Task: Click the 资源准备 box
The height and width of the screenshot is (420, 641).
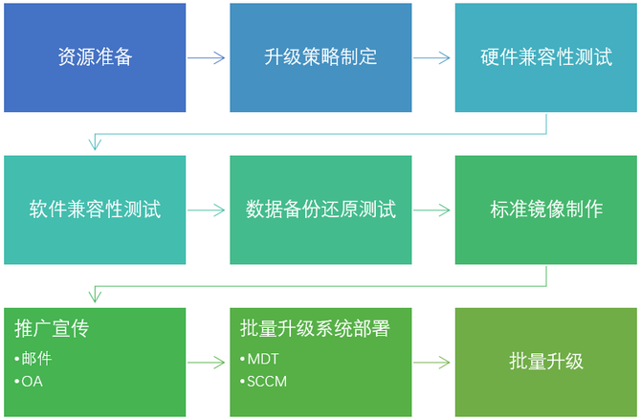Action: click(x=95, y=57)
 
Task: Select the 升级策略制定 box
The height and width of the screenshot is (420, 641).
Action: click(x=320, y=57)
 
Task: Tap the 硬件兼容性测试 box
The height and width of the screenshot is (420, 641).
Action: click(x=545, y=57)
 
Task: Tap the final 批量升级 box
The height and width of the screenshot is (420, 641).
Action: click(x=545, y=362)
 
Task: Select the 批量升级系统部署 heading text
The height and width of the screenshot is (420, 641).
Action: click(x=315, y=329)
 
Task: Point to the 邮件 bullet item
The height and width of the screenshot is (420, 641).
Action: click(x=36, y=359)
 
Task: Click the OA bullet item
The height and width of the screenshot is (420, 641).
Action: click(x=33, y=382)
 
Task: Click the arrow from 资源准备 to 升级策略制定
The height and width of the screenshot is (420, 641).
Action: click(x=207, y=57)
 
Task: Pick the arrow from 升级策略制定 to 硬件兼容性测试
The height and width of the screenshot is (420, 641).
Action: click(x=432, y=57)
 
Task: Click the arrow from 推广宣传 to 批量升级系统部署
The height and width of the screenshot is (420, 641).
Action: click(x=207, y=363)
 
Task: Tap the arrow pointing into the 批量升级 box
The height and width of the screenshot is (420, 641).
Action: click(x=432, y=363)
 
